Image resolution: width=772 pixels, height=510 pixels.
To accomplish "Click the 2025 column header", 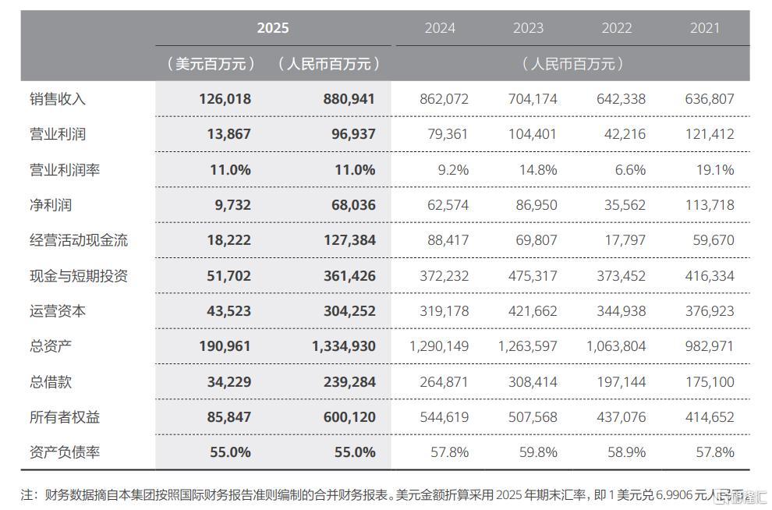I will [x=273, y=28].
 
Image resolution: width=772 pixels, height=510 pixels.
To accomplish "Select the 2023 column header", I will [x=528, y=28].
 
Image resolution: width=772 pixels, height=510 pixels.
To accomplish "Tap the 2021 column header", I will [x=705, y=28].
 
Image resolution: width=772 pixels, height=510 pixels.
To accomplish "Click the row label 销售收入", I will [x=57, y=99].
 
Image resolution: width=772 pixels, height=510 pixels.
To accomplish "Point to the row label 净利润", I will [x=51, y=205].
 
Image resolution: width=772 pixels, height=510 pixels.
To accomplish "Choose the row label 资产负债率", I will [x=64, y=452].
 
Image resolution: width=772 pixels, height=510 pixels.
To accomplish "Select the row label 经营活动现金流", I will [x=78, y=240].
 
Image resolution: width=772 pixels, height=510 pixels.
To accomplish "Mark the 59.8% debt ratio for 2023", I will [x=538, y=452].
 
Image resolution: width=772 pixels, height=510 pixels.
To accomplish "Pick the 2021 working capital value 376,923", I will [x=708, y=311].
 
